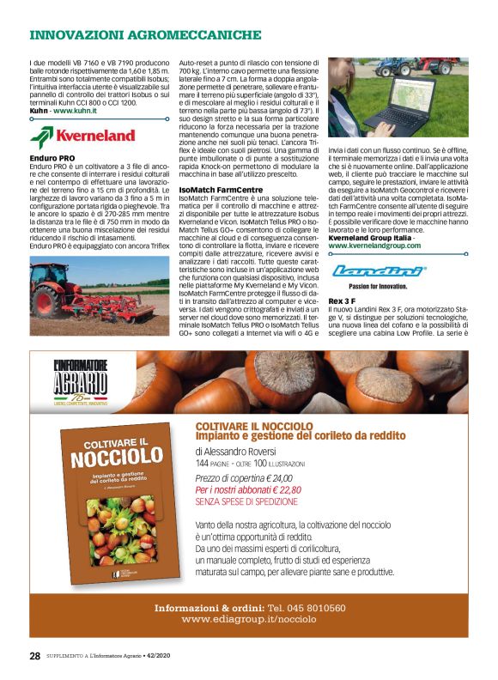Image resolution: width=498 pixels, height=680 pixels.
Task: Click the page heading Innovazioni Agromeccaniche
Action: click(x=145, y=35)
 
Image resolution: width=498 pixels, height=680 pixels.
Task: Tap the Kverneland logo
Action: click(x=82, y=136)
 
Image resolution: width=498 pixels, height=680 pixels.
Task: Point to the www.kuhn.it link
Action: click(x=74, y=112)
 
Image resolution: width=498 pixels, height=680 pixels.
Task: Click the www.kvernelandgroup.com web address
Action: click(x=374, y=246)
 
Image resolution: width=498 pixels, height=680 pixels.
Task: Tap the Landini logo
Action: click(x=379, y=271)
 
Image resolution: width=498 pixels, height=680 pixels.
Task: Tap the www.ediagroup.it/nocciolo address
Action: click(x=249, y=618)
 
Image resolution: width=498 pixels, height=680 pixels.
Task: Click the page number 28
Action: click(x=34, y=655)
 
